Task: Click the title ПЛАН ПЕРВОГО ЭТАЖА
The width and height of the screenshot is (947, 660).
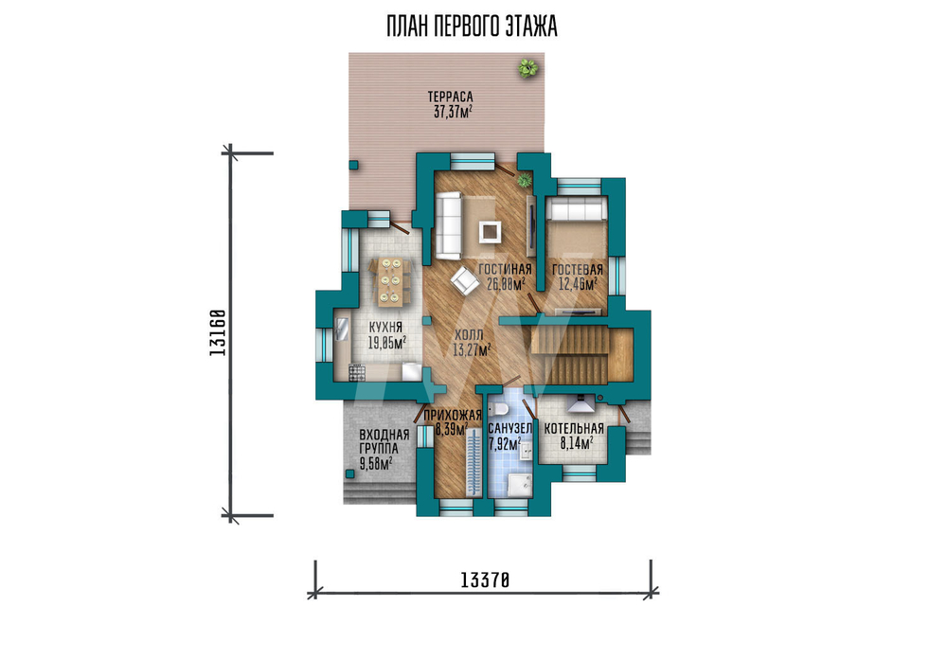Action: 472,27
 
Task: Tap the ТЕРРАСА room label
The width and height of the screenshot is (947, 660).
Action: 450,97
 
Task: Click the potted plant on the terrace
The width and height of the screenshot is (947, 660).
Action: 527,67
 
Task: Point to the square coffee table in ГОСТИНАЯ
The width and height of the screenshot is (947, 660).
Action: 490,232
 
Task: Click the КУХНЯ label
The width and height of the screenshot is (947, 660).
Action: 385,327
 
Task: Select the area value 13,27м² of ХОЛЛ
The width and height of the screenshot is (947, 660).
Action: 471,349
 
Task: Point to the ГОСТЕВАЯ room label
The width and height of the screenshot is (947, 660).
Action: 578,269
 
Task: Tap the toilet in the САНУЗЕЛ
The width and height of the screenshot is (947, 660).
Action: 499,409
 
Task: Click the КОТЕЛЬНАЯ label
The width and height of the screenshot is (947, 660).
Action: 574,429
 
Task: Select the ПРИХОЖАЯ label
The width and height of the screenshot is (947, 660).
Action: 453,415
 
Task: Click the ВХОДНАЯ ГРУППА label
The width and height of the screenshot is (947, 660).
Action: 384,442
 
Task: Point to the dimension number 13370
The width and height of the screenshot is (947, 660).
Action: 485,580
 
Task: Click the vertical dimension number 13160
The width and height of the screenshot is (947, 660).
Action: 218,332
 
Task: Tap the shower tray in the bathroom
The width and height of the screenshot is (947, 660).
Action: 519,484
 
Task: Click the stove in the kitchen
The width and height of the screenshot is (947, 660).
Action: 357,372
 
